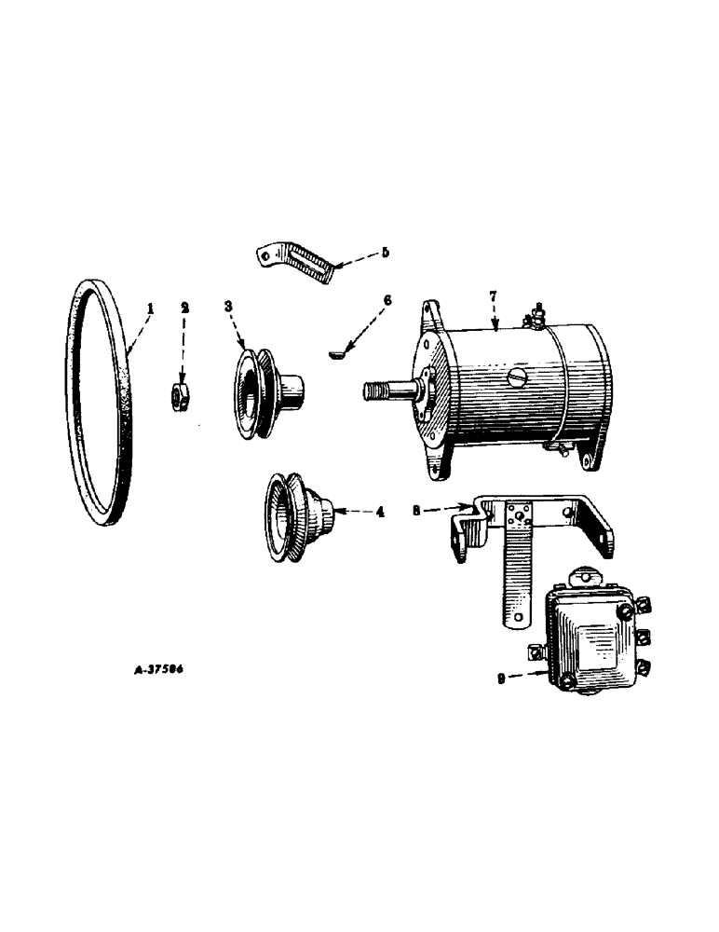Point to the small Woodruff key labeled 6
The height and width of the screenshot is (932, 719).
click(339, 352)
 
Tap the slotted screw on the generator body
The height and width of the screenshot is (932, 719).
click(518, 379)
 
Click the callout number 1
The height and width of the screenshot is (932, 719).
click(151, 307)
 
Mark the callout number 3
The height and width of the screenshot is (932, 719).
click(228, 307)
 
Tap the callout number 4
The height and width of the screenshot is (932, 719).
click(380, 512)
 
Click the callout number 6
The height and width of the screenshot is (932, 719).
click(387, 300)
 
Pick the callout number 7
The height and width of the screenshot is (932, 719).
click(495, 296)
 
